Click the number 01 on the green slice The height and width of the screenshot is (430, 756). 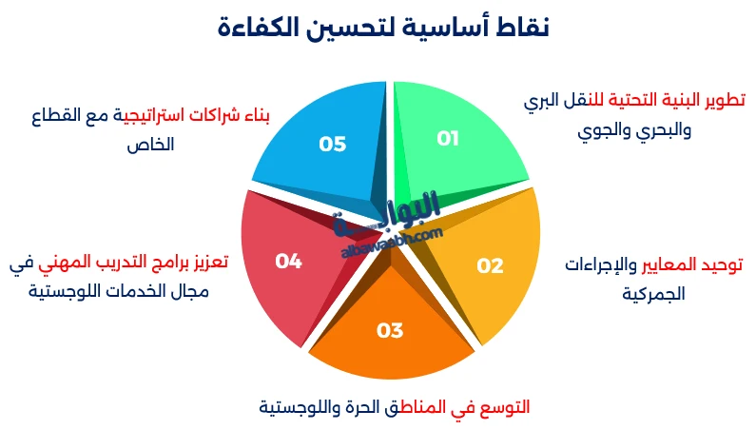click(x=448, y=139)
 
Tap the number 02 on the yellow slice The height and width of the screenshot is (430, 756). click(x=490, y=266)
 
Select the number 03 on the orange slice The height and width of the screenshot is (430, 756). click(x=390, y=331)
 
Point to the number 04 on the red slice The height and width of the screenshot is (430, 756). click(x=288, y=261)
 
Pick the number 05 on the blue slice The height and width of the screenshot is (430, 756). click(x=332, y=145)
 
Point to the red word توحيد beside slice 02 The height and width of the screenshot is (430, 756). click(x=722, y=264)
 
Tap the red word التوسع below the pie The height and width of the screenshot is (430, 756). click(x=503, y=407)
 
